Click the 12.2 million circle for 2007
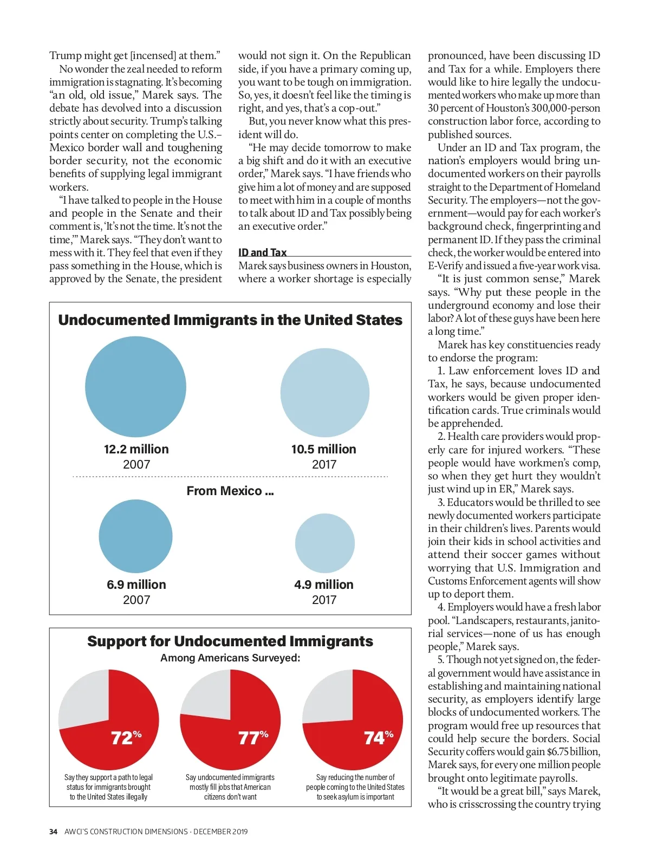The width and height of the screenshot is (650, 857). tap(135, 387)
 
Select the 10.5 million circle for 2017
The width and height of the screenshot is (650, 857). tap(324, 393)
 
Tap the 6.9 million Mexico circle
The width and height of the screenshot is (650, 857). tap(135, 536)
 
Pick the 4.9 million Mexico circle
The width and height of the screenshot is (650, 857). tap(324, 543)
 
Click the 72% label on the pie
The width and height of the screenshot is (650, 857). tap(126, 737)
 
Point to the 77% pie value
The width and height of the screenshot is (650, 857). tap(253, 737)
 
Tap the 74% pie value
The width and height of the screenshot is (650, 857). tap(378, 737)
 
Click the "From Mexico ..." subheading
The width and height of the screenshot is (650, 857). tap(230, 491)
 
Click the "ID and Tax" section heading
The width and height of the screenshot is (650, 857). tap(263, 252)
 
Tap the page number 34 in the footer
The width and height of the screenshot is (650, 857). tap(53, 832)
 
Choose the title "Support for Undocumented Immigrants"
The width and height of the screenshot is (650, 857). tap(230, 641)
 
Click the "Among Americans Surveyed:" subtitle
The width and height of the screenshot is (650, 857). tap(230, 658)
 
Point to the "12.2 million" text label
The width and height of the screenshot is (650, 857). tap(136, 449)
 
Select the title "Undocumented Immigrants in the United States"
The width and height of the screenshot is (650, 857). tap(230, 320)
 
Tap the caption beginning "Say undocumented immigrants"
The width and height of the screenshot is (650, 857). tap(230, 787)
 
